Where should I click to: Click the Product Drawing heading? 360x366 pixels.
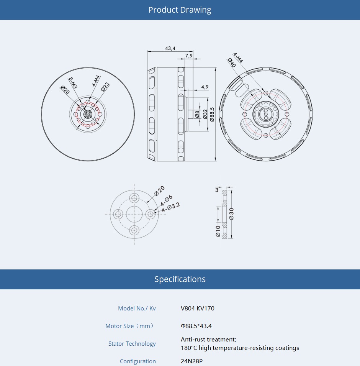180,10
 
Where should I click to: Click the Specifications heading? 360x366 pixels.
180,279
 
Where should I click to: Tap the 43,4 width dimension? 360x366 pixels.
170,48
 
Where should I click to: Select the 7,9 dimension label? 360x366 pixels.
189,56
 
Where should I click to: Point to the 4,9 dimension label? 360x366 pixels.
205,87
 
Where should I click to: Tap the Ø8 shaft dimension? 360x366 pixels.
197,114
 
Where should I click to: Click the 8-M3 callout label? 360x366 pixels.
73,84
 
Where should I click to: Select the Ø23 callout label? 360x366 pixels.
105,87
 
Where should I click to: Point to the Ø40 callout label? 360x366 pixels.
232,62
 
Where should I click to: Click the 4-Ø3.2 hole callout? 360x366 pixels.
171,207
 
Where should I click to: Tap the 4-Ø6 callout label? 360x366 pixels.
167,200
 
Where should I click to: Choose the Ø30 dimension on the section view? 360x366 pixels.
231,214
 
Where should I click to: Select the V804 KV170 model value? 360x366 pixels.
198,309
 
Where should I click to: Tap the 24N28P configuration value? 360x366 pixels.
191,361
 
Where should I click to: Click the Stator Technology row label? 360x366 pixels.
132,344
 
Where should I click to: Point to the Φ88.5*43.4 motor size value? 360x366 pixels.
196,326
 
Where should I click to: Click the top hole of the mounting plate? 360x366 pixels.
134,198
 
